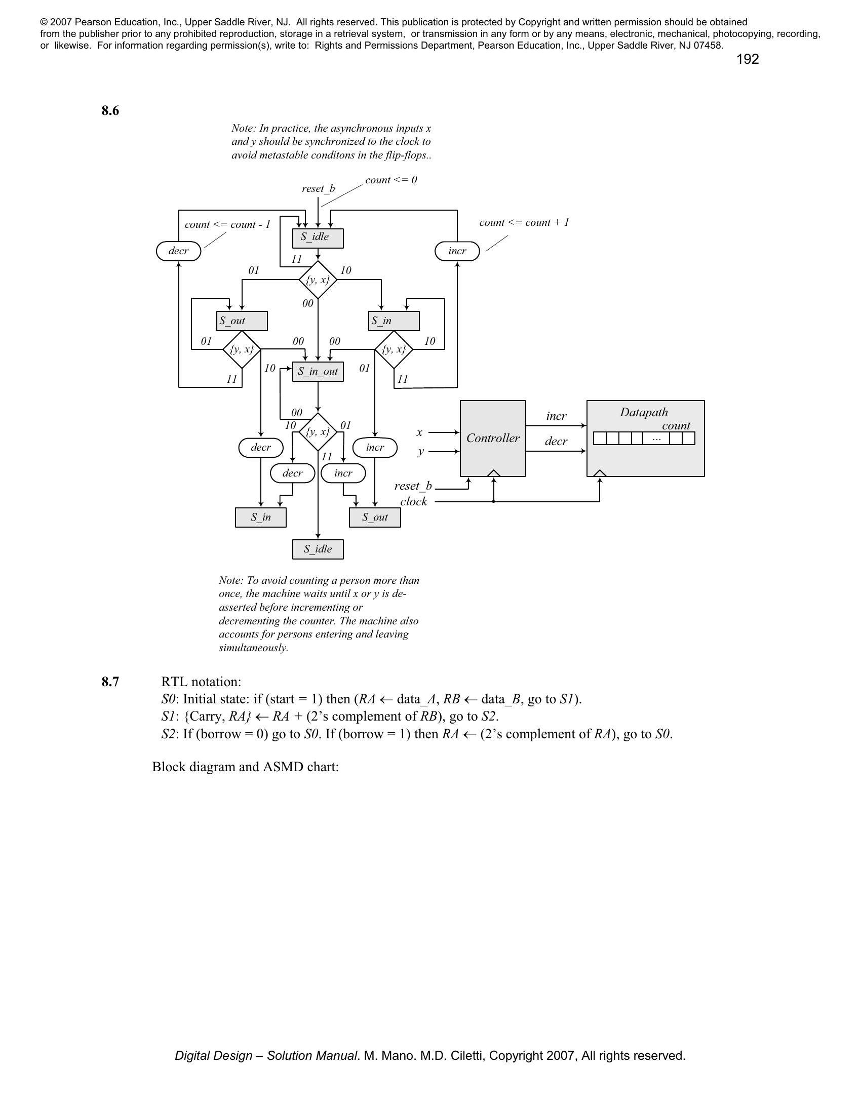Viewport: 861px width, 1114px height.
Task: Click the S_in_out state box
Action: point(318,371)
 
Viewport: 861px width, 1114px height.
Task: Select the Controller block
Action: point(493,438)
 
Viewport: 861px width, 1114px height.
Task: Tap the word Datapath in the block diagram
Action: point(644,412)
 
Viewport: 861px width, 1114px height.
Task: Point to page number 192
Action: point(747,59)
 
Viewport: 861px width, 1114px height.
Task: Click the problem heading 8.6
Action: point(110,111)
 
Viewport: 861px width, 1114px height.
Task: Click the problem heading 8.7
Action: point(110,682)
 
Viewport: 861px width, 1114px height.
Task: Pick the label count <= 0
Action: point(390,180)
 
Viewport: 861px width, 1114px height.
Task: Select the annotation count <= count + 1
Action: point(524,222)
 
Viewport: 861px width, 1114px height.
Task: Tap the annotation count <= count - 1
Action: point(227,224)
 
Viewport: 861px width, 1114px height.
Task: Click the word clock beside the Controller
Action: point(413,501)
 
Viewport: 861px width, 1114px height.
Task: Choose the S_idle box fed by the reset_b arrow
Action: point(318,237)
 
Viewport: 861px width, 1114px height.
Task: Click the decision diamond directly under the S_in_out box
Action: point(318,432)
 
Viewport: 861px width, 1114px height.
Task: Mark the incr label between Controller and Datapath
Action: point(556,416)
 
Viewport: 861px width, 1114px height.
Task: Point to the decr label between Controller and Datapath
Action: point(556,441)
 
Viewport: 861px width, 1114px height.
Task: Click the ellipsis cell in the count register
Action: point(656,438)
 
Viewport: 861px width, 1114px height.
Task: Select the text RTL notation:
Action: point(201,682)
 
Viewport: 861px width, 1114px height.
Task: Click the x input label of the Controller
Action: point(419,432)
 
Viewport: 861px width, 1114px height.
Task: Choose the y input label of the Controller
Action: point(420,452)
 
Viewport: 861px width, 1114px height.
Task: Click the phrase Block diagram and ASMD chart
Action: point(245,767)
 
